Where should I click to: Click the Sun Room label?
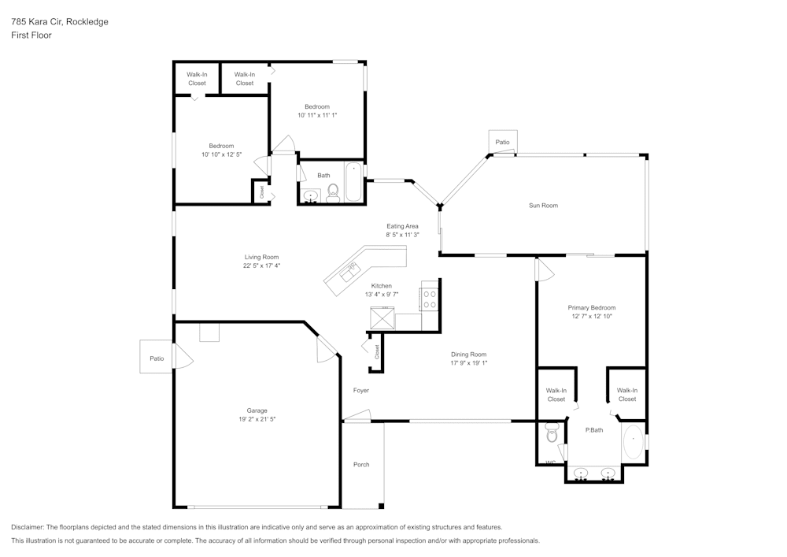tap(543, 206)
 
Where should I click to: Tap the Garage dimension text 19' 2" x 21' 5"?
tap(257, 419)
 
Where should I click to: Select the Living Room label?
tap(261, 257)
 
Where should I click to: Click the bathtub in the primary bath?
tap(634, 443)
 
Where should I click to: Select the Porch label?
tap(361, 465)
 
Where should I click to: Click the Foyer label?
tap(360, 391)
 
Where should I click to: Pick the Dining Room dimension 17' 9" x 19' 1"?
tap(469, 363)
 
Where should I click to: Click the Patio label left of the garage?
tap(157, 358)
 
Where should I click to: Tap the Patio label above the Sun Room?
tap(502, 143)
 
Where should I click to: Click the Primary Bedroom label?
tap(591, 307)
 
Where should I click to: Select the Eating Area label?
tap(402, 226)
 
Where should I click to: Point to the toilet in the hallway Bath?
tap(332, 191)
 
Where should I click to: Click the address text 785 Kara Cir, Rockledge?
tap(60, 22)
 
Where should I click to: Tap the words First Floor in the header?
tap(31, 35)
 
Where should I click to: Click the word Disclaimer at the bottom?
tap(28, 527)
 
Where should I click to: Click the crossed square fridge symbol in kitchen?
tap(383, 318)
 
